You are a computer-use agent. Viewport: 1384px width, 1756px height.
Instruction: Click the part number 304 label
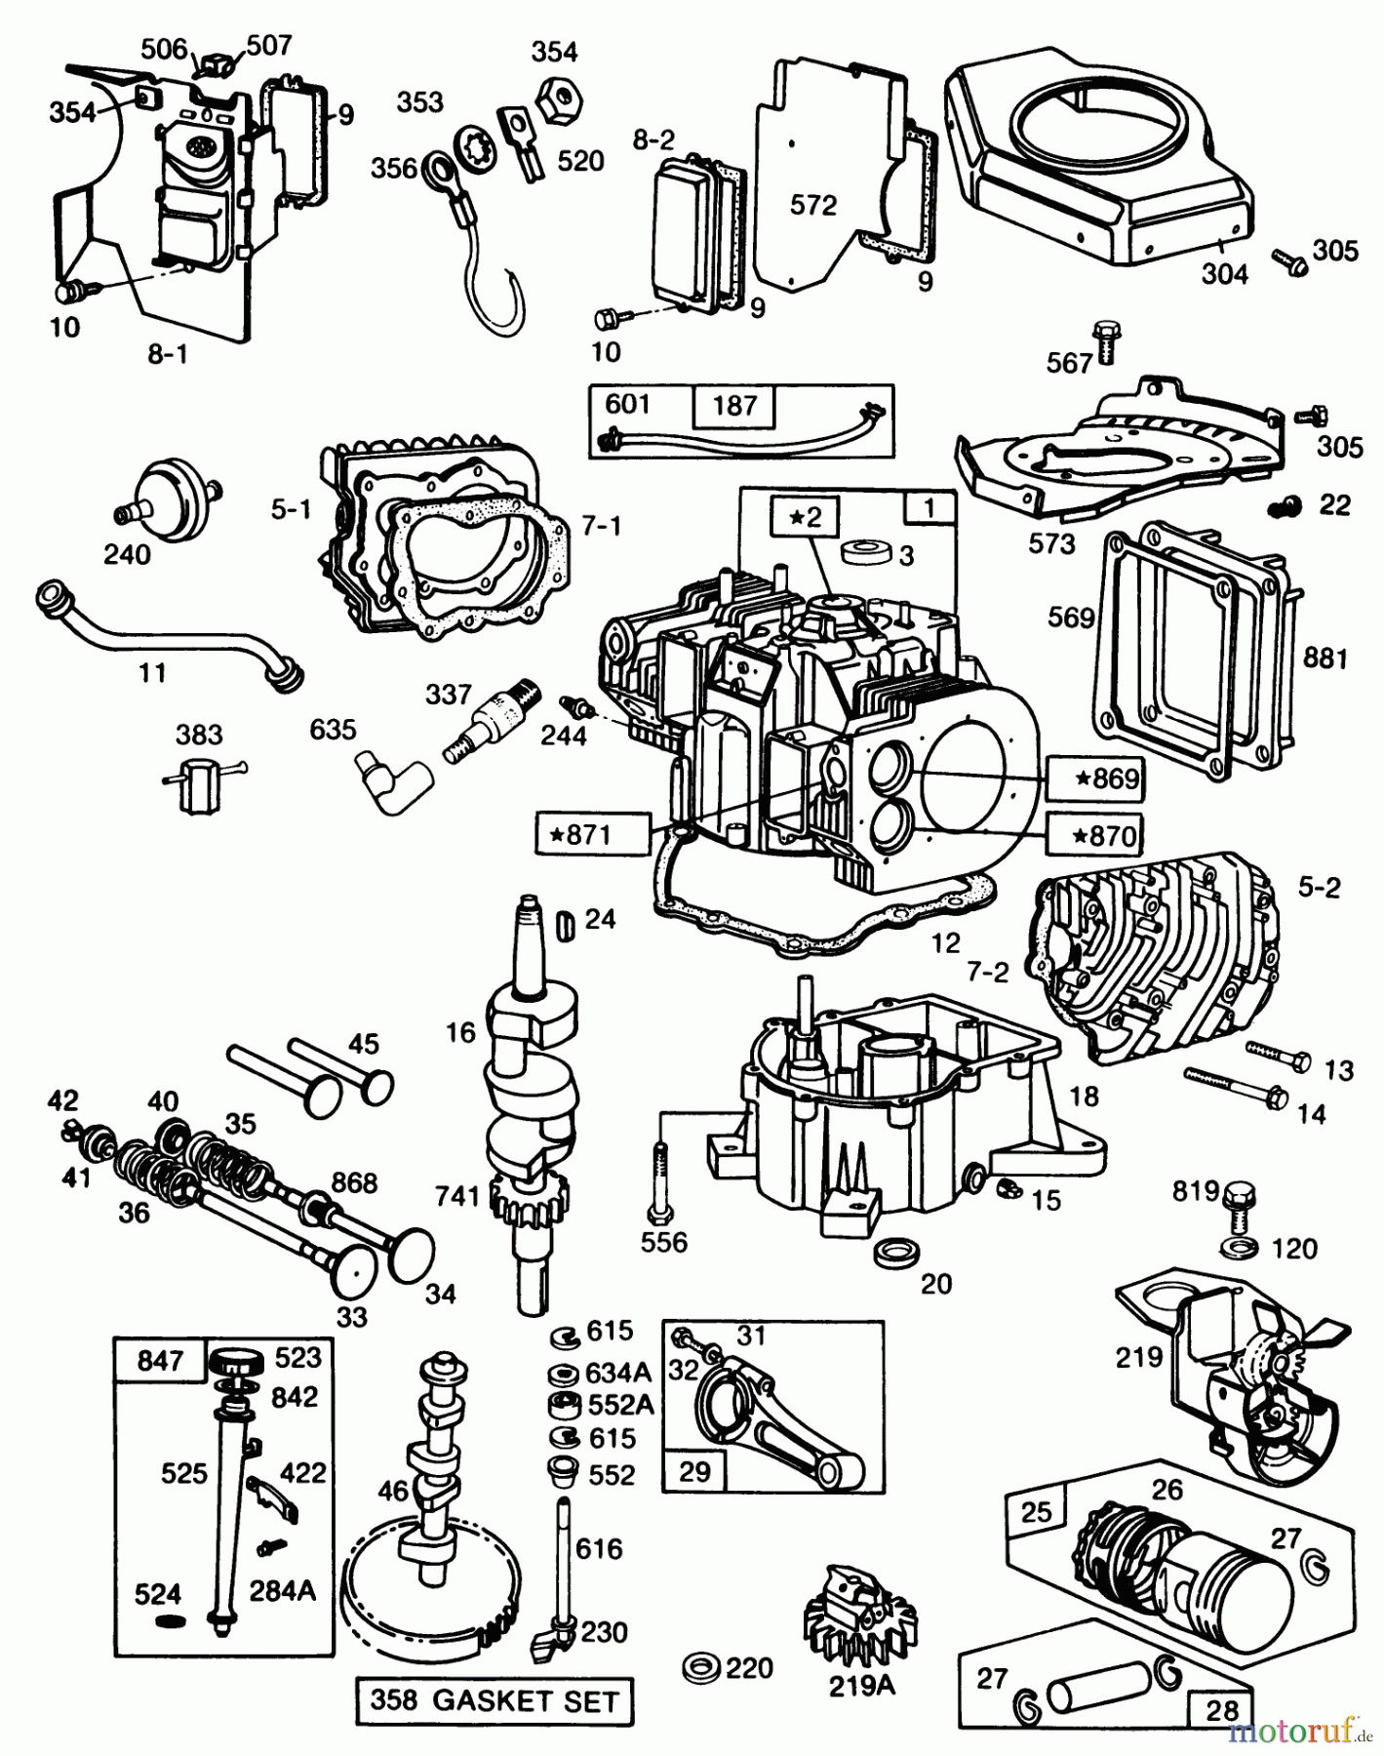coord(1224,275)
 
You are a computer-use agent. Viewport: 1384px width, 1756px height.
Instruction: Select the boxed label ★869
coord(1094,778)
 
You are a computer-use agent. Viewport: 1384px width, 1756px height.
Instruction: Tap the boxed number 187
coord(734,405)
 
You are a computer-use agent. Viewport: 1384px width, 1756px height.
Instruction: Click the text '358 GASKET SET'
coord(494,1701)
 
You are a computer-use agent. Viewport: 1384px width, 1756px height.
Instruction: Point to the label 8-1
coord(167,354)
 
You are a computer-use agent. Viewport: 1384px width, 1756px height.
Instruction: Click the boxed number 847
coord(160,1359)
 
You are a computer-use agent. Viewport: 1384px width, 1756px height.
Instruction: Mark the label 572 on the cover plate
coord(813,205)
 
